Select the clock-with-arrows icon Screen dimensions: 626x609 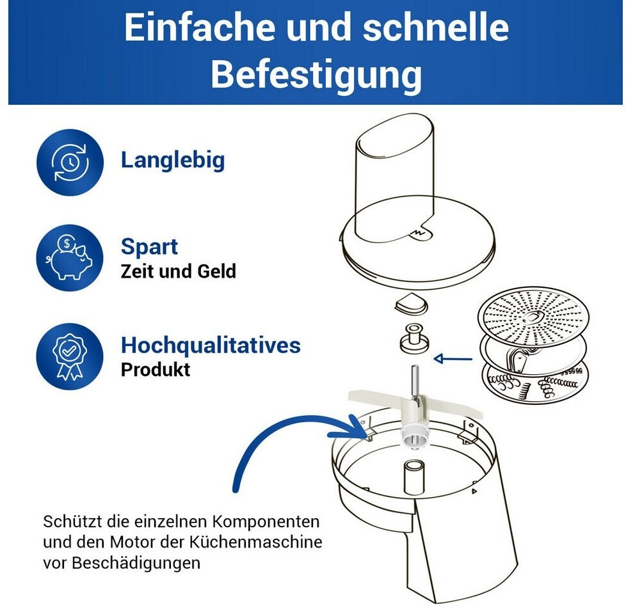pyautogui.click(x=70, y=162)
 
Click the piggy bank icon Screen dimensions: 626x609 pyautogui.click(x=70, y=257)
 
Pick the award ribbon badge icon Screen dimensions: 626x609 pyautogui.click(x=70, y=356)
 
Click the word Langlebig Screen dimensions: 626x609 pyautogui.click(x=173, y=161)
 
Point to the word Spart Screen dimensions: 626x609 pyautogui.click(x=149, y=246)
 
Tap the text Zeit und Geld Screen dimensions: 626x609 pyautogui.click(x=179, y=271)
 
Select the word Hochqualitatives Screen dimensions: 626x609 pyautogui.click(x=211, y=345)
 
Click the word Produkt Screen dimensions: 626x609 pyautogui.click(x=156, y=370)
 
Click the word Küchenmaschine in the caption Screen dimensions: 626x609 pyautogui.click(x=255, y=542)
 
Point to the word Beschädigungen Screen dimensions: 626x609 pyautogui.click(x=136, y=563)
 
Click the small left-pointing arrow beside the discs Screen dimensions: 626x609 pyautogui.click(x=453, y=359)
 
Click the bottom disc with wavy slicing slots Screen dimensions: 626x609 pyautogui.click(x=534, y=382)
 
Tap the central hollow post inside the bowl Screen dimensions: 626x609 pyautogui.click(x=414, y=477)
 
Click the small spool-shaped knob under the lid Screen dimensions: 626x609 pyautogui.click(x=414, y=338)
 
